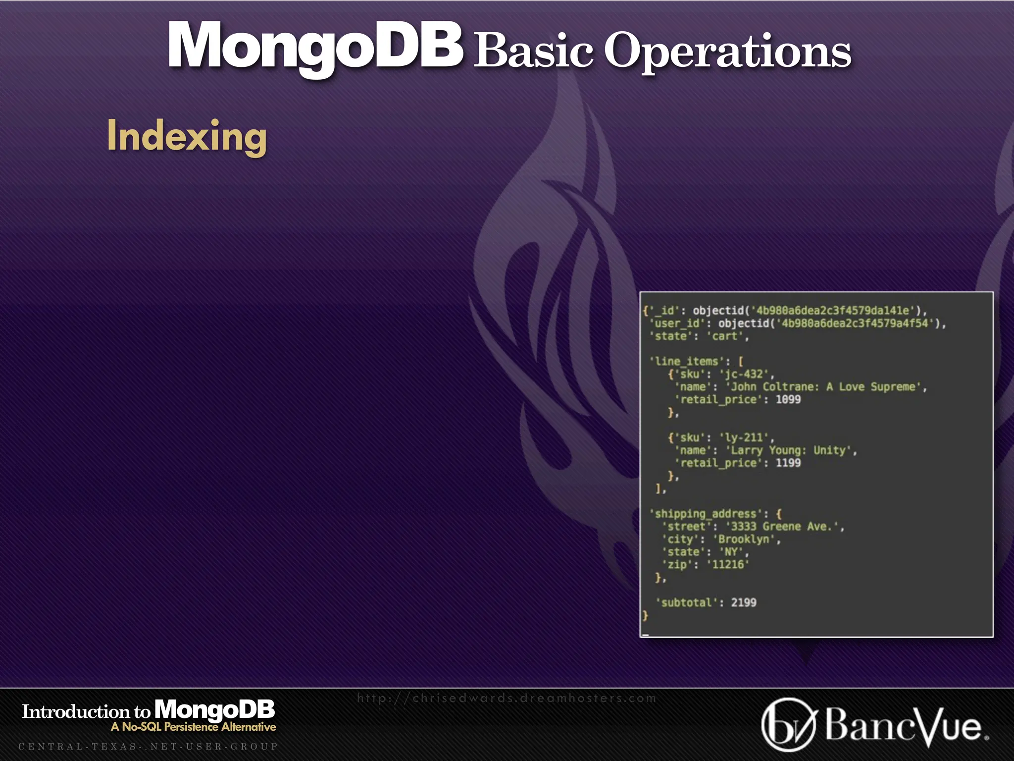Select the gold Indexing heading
(187, 136)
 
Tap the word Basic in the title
(533, 51)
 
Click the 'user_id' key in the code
(677, 324)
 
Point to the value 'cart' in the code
(724, 336)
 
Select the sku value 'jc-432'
(743, 374)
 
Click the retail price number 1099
(788, 399)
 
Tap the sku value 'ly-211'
(743, 438)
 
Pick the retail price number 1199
(788, 463)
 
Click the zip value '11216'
(727, 564)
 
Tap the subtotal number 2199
(743, 602)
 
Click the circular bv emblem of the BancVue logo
(788, 724)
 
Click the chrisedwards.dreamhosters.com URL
(507, 698)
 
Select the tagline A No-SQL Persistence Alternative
(193, 727)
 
